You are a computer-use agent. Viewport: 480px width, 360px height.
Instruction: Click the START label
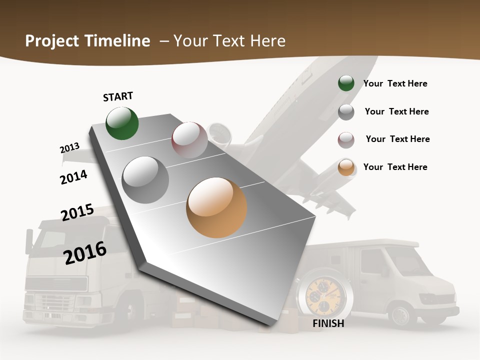coord(118,96)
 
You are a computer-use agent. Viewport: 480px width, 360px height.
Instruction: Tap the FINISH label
coord(328,323)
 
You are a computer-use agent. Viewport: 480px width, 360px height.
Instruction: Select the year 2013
coord(69,148)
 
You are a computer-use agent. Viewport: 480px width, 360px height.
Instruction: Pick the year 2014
coord(73,177)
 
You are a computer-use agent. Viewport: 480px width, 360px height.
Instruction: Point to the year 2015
coord(77,212)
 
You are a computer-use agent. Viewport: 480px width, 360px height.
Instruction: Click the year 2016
coord(85,252)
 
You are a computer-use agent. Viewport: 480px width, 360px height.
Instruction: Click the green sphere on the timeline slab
coord(122,123)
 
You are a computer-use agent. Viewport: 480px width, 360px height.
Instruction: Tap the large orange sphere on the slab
coord(216,207)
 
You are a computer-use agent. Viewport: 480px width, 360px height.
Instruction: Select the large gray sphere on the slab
coord(145,179)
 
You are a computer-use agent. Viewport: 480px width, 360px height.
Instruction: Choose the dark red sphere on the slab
coord(189,139)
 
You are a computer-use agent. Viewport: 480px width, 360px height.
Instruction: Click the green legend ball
coord(346,83)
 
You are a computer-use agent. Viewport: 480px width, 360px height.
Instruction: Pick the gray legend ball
coord(346,111)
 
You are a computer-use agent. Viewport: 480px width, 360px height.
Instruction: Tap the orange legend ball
coord(346,167)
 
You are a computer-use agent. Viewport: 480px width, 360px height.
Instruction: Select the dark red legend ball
coord(346,139)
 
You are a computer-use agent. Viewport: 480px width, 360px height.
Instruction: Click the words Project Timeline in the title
coord(87,41)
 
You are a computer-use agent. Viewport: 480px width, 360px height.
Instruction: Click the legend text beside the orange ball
coord(395,167)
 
